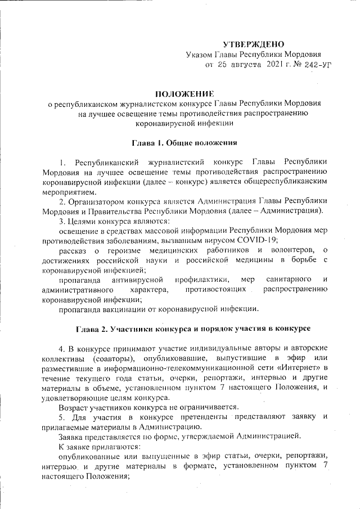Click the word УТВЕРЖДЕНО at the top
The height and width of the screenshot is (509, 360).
click(254, 44)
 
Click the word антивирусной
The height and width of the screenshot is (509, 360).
click(138, 280)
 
